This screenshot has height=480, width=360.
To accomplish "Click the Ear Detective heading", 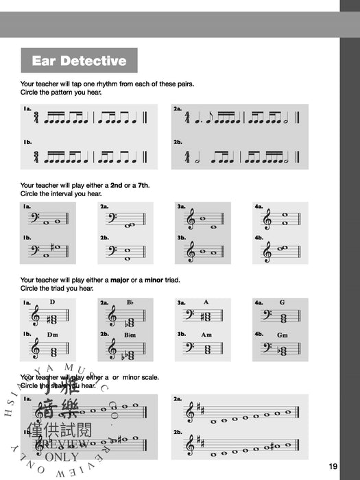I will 79,60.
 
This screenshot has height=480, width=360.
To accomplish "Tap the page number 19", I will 333,467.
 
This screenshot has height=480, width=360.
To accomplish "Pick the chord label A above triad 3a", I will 206,302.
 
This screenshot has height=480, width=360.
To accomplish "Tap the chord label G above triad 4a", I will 282,302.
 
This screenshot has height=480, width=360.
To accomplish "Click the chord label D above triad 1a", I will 51,302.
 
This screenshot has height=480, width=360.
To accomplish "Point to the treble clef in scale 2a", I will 190,412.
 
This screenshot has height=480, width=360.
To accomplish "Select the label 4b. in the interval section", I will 259,238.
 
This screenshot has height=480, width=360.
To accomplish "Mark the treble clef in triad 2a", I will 112,317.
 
